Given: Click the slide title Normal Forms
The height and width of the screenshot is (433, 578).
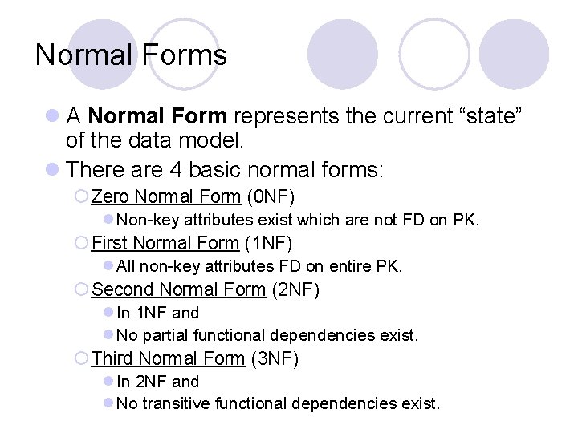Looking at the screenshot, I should [x=131, y=55].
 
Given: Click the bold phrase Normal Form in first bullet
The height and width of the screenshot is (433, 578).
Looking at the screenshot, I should [x=157, y=116].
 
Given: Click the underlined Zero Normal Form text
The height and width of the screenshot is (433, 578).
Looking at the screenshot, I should [x=166, y=196].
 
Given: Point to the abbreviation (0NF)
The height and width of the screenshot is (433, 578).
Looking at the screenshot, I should [x=271, y=196].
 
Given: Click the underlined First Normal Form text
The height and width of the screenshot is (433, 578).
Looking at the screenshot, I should [x=165, y=243].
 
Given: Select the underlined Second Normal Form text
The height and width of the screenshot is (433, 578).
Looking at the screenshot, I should [x=178, y=289].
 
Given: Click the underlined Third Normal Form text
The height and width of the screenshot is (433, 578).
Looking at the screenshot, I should [x=169, y=358].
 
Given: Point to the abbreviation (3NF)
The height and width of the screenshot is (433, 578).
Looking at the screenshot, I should [x=275, y=358].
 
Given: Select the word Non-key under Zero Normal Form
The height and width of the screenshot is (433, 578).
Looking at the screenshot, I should [x=148, y=220].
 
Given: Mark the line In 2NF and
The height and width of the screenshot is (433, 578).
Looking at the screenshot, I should [x=157, y=382].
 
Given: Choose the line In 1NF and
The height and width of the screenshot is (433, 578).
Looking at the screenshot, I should [x=157, y=313].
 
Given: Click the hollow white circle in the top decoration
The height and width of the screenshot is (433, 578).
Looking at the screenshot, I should [x=434, y=54].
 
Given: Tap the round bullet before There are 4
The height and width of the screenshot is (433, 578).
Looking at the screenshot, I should [x=52, y=170].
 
